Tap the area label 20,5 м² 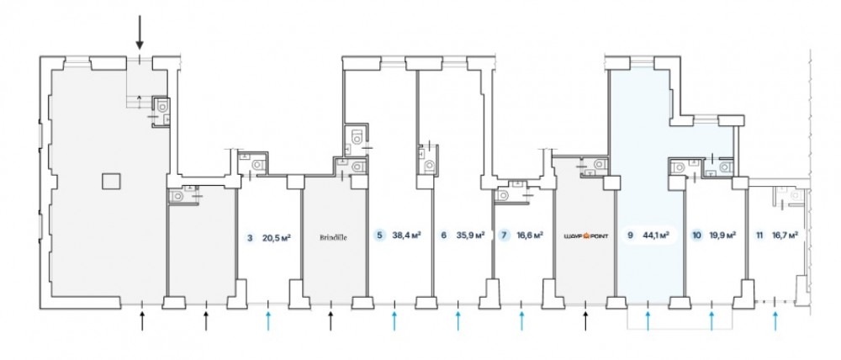pos(278,237)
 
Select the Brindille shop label pos(333,237)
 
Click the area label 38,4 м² pos(406,236)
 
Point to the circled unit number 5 pos(380,236)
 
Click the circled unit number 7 pos(504,236)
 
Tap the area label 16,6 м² pos(529,236)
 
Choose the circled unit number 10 pos(696,236)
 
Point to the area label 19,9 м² pos(722,236)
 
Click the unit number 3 pos(250,237)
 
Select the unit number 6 pos(443,236)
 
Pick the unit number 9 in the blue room pos(630,236)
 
